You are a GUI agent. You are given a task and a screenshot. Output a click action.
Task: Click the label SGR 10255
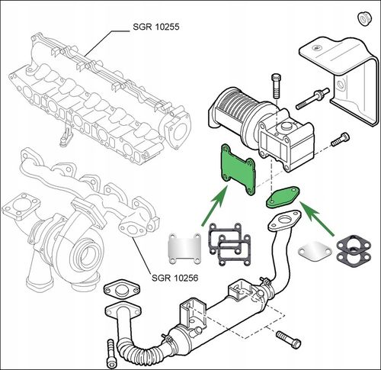[156, 27]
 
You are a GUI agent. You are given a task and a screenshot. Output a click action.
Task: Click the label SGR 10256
[174, 278]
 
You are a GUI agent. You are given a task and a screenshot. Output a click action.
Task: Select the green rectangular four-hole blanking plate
[239, 170]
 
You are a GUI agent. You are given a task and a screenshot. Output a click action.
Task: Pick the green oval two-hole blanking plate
[283, 197]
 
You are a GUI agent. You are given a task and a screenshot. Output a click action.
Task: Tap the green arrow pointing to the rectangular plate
[215, 205]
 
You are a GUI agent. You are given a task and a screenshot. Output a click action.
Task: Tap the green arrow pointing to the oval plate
[318, 219]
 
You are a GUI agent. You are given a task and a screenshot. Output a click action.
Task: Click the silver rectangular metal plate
[185, 249]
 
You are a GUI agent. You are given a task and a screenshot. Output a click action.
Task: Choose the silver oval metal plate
[315, 251]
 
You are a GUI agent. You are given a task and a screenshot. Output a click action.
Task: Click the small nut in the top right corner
[364, 19]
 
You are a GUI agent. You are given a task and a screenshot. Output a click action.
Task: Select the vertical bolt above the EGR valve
[276, 85]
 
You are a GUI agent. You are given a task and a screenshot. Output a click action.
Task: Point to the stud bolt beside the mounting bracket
[312, 99]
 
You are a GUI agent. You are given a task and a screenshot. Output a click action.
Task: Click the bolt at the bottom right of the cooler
[289, 339]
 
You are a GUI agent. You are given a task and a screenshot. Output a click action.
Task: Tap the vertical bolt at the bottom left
[110, 354]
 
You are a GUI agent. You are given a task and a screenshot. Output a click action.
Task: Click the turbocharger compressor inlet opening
[85, 255]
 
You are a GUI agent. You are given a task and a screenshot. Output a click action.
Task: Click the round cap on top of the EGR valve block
[287, 126]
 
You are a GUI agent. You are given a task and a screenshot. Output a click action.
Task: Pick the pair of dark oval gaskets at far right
[354, 252]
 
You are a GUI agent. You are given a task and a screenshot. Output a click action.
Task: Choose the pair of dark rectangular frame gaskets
[229, 245]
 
